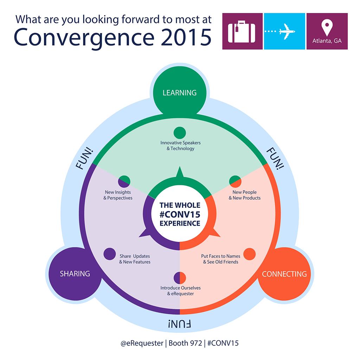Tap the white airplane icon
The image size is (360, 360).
pyautogui.click(x=287, y=31)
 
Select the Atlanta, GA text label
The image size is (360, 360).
pyautogui.click(x=327, y=41)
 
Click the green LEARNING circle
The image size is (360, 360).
pyautogui.click(x=179, y=93)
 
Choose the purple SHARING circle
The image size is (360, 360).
pyautogui.click(x=75, y=274)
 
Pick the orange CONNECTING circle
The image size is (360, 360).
pyautogui.click(x=284, y=274)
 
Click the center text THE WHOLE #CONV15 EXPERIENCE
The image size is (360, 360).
pyautogui.click(x=180, y=214)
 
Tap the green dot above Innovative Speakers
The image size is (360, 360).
pyautogui.click(x=180, y=133)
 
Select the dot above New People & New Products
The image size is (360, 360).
pyautogui.click(x=235, y=181)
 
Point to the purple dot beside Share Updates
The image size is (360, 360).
pyautogui.click(x=109, y=254)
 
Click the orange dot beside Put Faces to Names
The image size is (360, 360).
pyautogui.click(x=249, y=254)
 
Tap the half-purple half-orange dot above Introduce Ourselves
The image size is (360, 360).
pyautogui.click(x=180, y=277)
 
